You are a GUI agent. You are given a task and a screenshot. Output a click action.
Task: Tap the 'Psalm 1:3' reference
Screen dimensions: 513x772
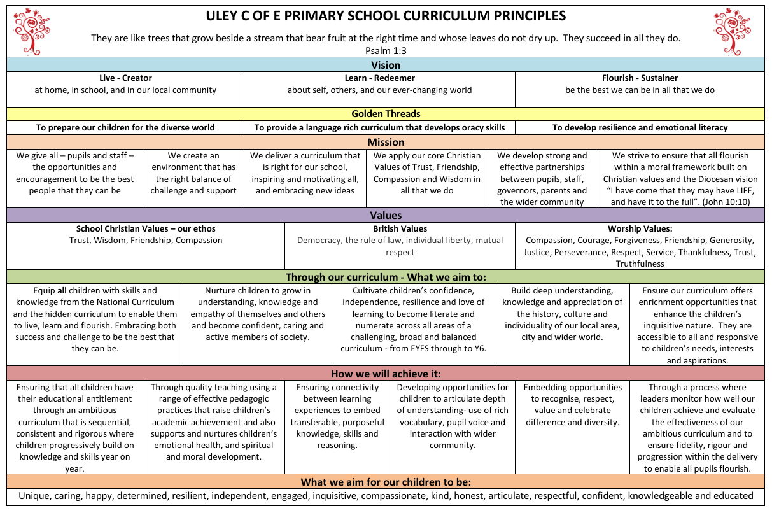(x=386, y=50)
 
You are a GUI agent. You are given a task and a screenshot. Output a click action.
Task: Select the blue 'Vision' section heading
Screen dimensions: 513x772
(x=386, y=65)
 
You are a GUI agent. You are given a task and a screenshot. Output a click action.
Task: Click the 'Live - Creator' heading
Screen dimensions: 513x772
(x=125, y=78)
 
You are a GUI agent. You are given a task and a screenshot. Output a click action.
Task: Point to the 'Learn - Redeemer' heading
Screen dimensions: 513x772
(x=379, y=78)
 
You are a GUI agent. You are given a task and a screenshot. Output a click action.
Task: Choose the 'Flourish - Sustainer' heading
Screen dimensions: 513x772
(x=640, y=78)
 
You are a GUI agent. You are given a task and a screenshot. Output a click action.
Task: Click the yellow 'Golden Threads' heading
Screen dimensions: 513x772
(x=386, y=114)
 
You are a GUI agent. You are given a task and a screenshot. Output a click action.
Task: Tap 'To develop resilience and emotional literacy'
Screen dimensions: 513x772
(x=640, y=127)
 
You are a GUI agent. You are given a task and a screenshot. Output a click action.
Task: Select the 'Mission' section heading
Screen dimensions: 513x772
(x=386, y=142)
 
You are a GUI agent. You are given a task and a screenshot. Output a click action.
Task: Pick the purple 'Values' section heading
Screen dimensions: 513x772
(x=386, y=216)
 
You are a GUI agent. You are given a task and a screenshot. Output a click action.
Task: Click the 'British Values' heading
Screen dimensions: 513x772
(x=400, y=228)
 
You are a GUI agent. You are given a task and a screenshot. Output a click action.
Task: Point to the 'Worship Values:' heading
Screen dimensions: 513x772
(x=640, y=228)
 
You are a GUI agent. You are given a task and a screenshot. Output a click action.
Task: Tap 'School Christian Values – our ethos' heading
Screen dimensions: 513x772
(x=146, y=228)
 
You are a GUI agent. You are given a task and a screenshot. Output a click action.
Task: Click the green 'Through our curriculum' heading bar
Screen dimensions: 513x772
(x=386, y=277)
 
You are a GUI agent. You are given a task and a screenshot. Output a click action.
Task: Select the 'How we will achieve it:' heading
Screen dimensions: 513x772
(x=386, y=374)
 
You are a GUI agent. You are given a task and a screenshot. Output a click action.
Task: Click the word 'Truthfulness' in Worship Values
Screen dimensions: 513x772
(x=640, y=264)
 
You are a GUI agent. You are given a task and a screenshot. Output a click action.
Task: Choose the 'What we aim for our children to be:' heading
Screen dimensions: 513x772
(x=386, y=482)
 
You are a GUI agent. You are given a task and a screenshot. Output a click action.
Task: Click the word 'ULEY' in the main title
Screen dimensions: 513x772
(x=224, y=16)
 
